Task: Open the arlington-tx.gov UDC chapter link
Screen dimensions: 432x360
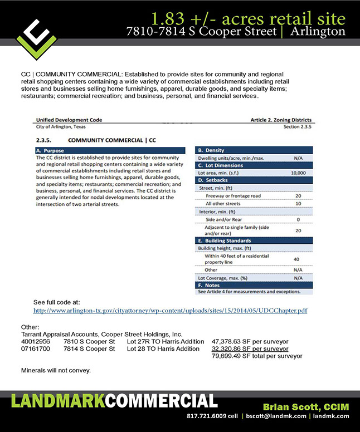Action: click(x=171, y=311)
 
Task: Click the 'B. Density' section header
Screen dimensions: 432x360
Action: click(x=211, y=150)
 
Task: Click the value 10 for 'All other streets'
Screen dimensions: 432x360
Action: click(x=298, y=204)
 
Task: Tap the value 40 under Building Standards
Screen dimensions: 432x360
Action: click(x=296, y=259)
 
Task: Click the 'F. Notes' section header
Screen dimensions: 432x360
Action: click(x=210, y=285)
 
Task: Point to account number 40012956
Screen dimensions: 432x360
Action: click(x=36, y=341)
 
